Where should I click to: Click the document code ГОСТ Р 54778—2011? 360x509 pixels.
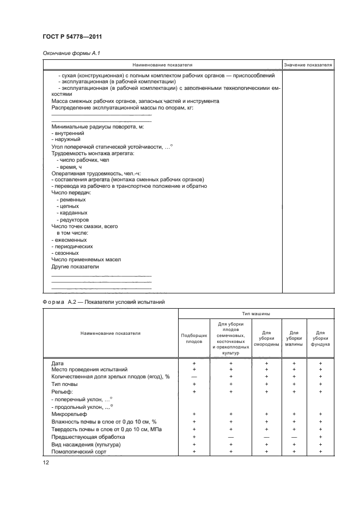click(72, 36)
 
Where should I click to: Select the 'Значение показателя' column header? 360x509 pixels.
click(308, 64)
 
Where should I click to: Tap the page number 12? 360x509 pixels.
click(45, 462)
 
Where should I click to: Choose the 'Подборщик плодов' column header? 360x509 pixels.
click(194, 339)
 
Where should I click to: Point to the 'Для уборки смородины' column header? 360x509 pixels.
click(267, 339)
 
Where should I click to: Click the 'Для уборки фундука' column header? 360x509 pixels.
click(320, 339)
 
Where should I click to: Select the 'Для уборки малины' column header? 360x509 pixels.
click(294, 339)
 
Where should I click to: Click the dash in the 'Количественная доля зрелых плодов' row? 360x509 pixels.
click(194, 376)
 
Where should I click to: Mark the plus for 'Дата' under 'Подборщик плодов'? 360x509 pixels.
click(194, 362)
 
